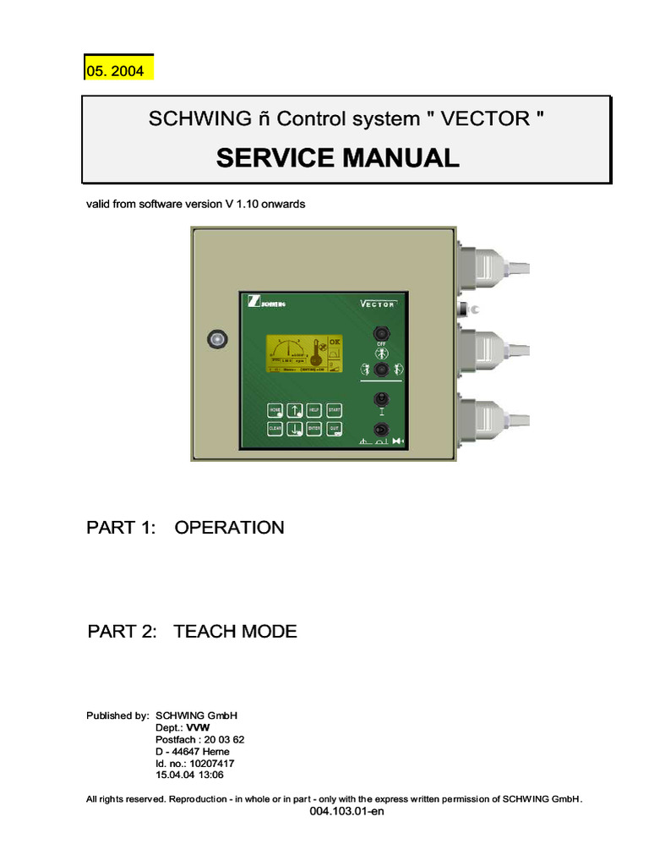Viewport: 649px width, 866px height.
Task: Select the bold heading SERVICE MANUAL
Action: [338, 157]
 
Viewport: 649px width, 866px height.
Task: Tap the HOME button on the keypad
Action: [275, 410]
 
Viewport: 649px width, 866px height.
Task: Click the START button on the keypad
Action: [334, 410]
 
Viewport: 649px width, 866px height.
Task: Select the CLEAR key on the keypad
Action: [275, 430]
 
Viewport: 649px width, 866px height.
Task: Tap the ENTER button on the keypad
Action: [314, 430]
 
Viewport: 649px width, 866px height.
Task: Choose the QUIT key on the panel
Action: [335, 430]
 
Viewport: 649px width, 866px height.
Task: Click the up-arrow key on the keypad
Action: [295, 410]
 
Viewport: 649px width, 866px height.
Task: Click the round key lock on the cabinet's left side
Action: [217, 339]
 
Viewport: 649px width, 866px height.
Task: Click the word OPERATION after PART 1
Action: [229, 528]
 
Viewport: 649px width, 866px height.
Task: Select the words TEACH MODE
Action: [235, 632]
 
